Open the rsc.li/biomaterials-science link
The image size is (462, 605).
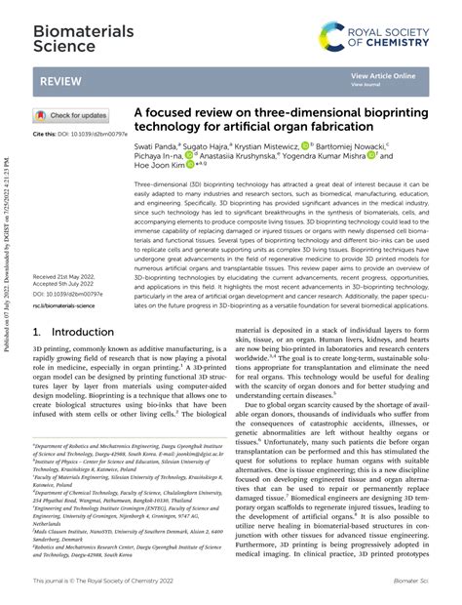point(63,305)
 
